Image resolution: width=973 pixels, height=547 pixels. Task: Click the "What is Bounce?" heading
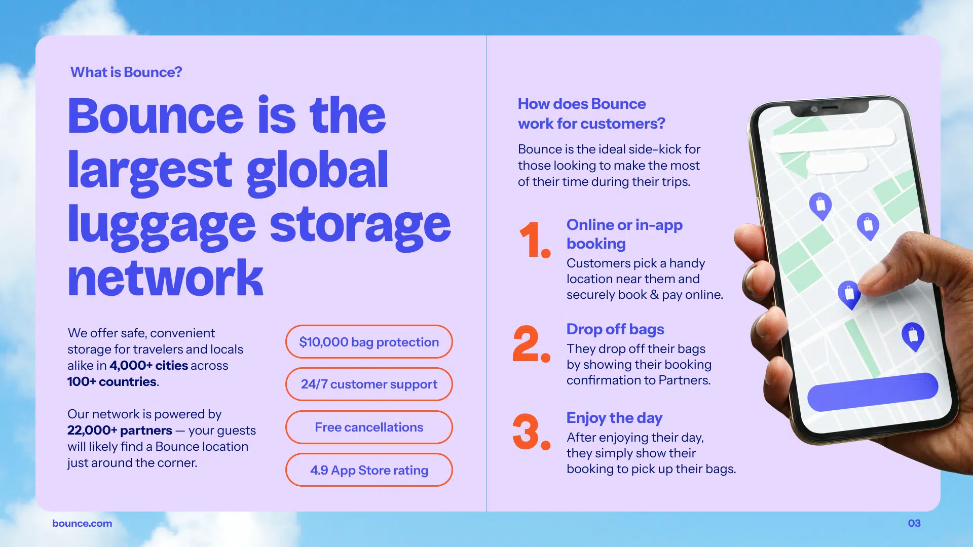tap(126, 72)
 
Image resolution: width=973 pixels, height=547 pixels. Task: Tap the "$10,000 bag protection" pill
tap(369, 342)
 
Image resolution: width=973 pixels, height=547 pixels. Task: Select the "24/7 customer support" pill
tap(369, 384)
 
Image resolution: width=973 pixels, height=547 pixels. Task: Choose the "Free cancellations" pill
tap(369, 427)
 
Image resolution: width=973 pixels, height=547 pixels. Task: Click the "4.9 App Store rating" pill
tap(369, 470)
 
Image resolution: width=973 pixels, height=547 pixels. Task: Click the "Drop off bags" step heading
tap(615, 329)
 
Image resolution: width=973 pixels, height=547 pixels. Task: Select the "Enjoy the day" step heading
tap(614, 418)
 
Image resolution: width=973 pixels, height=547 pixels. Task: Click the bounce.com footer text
tap(82, 523)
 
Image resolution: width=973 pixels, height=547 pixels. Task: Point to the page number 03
tap(914, 523)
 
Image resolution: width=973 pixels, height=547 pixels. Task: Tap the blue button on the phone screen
tap(873, 392)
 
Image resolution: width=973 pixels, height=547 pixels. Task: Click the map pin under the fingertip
tap(849, 294)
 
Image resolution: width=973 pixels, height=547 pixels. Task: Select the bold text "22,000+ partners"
tap(120, 431)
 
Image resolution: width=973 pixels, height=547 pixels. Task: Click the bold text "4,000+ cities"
tap(148, 366)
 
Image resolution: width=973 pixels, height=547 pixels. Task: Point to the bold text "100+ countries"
tap(112, 382)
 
